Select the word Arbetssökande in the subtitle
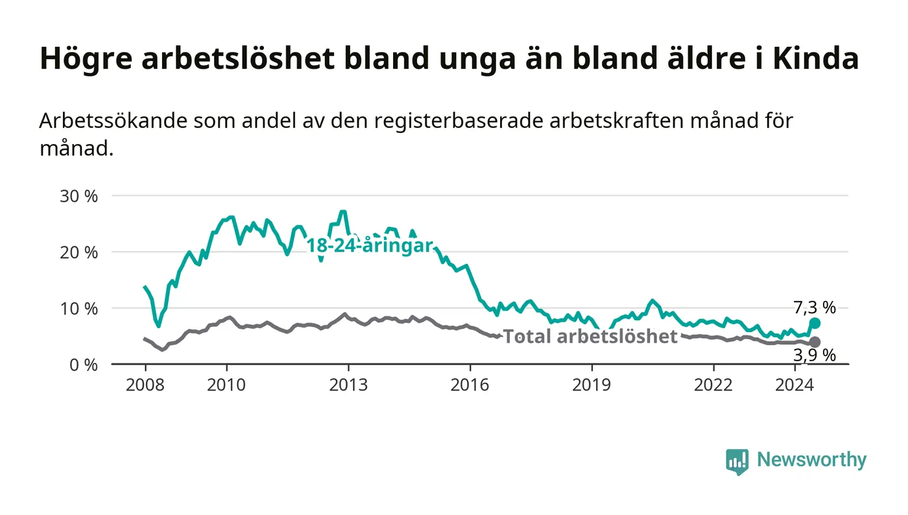point(113,121)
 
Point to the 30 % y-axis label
point(79,197)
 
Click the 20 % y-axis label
point(79,252)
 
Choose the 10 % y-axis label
point(79,309)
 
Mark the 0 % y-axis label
point(84,365)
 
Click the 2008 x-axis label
point(145,385)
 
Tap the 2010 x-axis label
point(226,385)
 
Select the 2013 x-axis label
point(348,385)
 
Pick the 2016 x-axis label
point(470,385)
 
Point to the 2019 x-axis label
point(591,385)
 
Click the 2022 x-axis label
point(713,385)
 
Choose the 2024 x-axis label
point(794,385)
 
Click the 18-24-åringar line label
point(370,246)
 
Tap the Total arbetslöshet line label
point(590,337)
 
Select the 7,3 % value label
point(815,308)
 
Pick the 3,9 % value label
point(815,355)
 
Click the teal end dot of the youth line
point(815,324)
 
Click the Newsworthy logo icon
point(737,462)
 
